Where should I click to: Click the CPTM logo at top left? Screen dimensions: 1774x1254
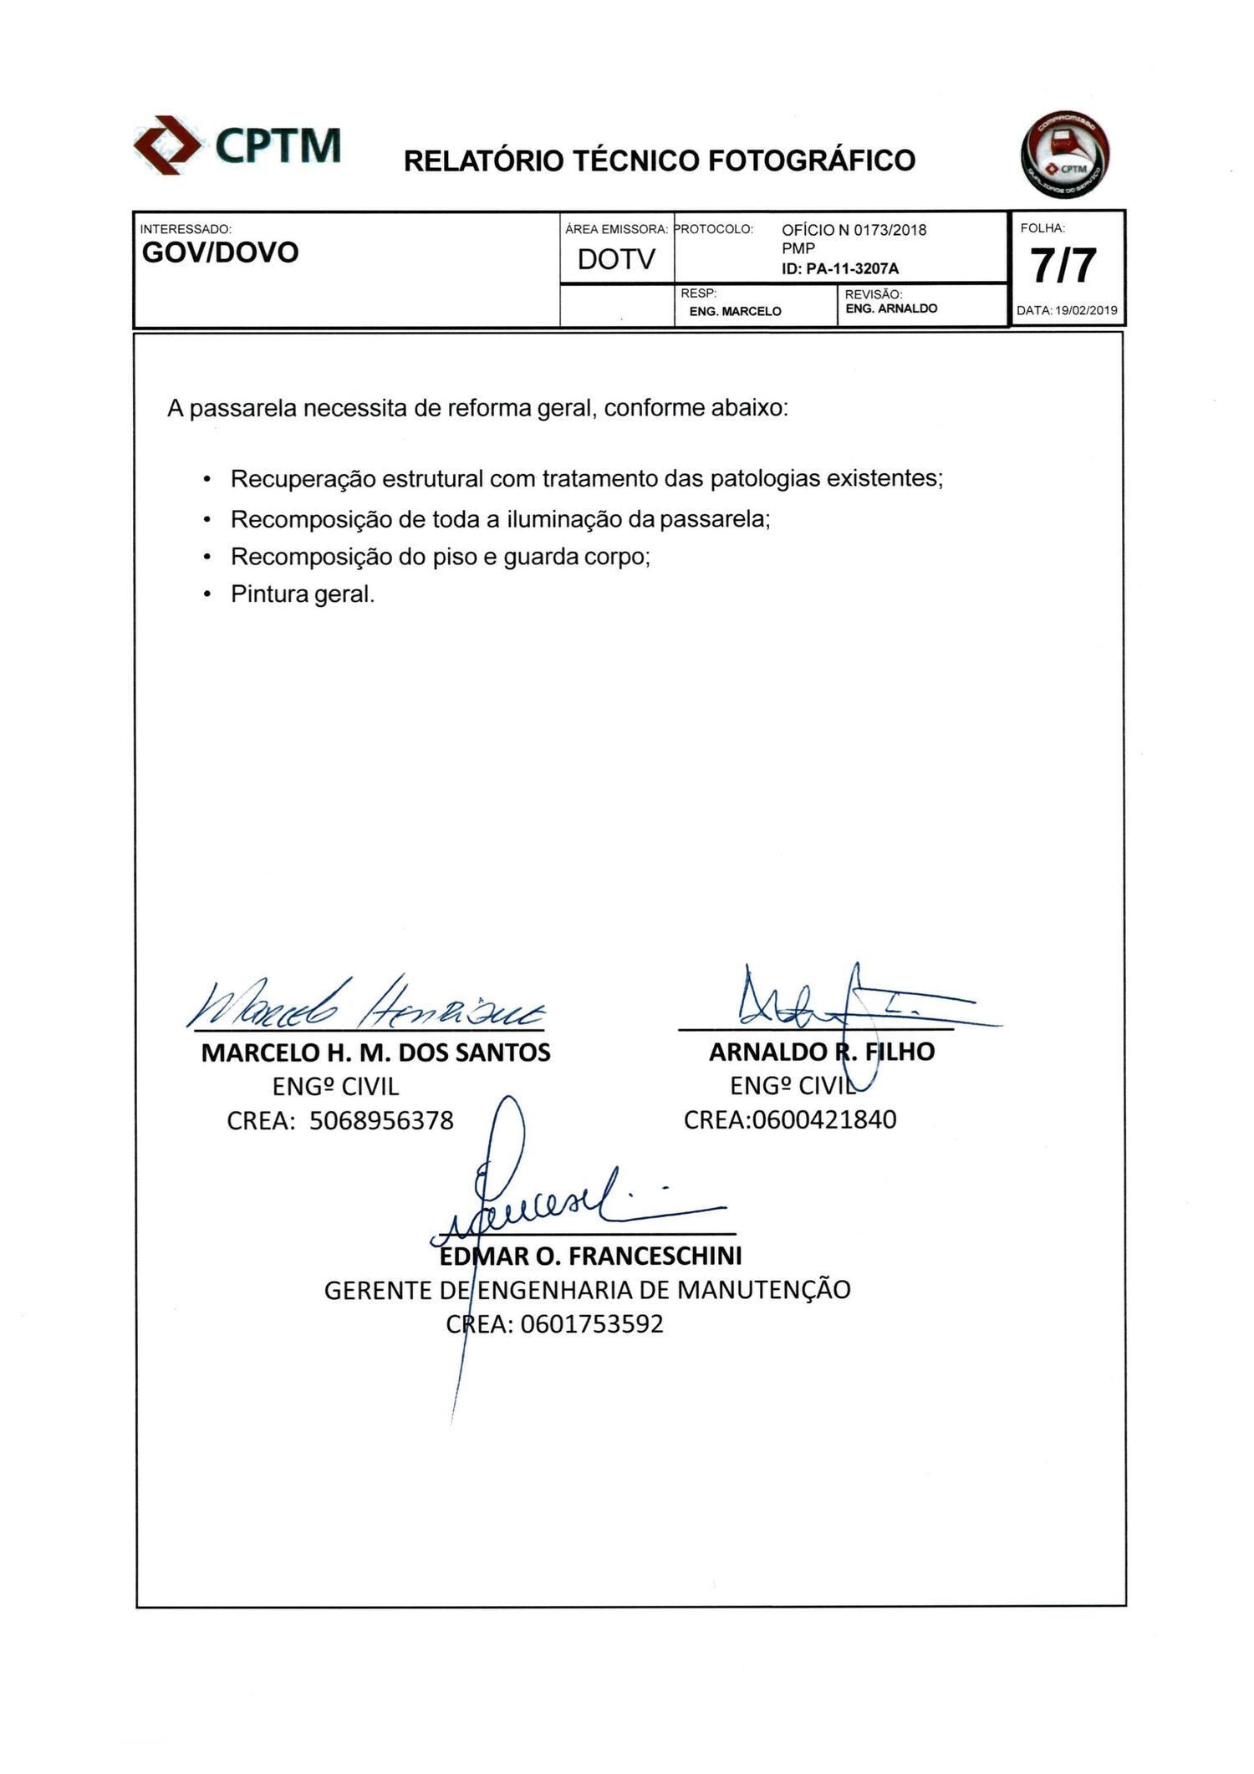pos(238,145)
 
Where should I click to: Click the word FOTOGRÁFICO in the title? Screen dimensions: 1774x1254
pos(812,161)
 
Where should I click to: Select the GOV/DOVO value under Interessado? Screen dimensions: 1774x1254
pos(221,252)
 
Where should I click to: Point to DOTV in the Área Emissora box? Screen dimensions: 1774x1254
pos(616,260)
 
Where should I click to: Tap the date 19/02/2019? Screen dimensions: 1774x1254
pos(1086,310)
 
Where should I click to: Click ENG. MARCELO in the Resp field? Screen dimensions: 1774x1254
pos(735,311)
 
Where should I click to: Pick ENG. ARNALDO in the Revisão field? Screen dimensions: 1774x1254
pos(891,308)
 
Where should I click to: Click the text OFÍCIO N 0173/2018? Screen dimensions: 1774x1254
pos(854,230)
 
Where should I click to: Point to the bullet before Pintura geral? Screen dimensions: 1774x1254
pos(206,595)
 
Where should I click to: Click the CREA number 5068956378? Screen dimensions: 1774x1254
pos(381,1120)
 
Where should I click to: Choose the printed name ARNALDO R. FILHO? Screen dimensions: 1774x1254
pos(821,1052)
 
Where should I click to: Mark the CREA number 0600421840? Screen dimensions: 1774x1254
pos(824,1119)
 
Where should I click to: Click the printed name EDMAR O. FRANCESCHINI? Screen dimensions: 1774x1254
pos(590,1256)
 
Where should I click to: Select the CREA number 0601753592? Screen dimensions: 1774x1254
pos(591,1324)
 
